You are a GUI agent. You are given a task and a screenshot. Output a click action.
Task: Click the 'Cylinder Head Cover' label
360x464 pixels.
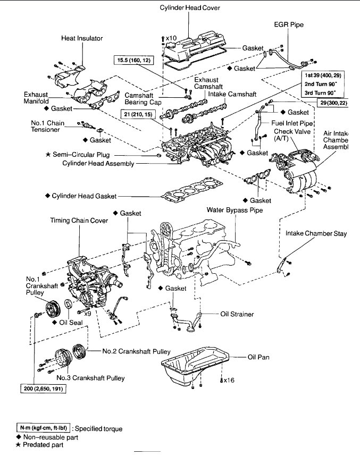tap(190, 7)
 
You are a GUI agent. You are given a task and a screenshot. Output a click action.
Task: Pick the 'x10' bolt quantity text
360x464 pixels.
tap(170, 38)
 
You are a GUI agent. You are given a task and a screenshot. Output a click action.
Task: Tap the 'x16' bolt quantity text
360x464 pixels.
tap(228, 381)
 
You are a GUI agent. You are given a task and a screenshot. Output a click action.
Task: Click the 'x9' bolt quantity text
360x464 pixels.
tap(88, 314)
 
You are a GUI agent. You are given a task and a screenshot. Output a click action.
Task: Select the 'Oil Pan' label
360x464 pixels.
tap(258, 357)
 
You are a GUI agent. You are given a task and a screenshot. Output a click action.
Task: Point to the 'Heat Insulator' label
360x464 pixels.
tap(82, 38)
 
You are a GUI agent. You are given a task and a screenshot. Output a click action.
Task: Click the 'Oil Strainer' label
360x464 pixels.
tap(237, 314)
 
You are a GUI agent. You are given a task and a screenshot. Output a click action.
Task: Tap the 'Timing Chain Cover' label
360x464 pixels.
tap(79, 220)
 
